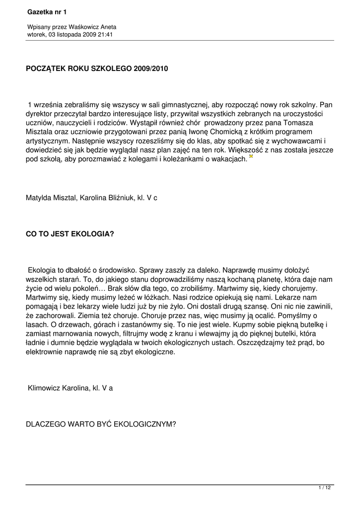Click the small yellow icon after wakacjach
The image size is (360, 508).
point(251,157)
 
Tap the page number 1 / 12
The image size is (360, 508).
point(324,488)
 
